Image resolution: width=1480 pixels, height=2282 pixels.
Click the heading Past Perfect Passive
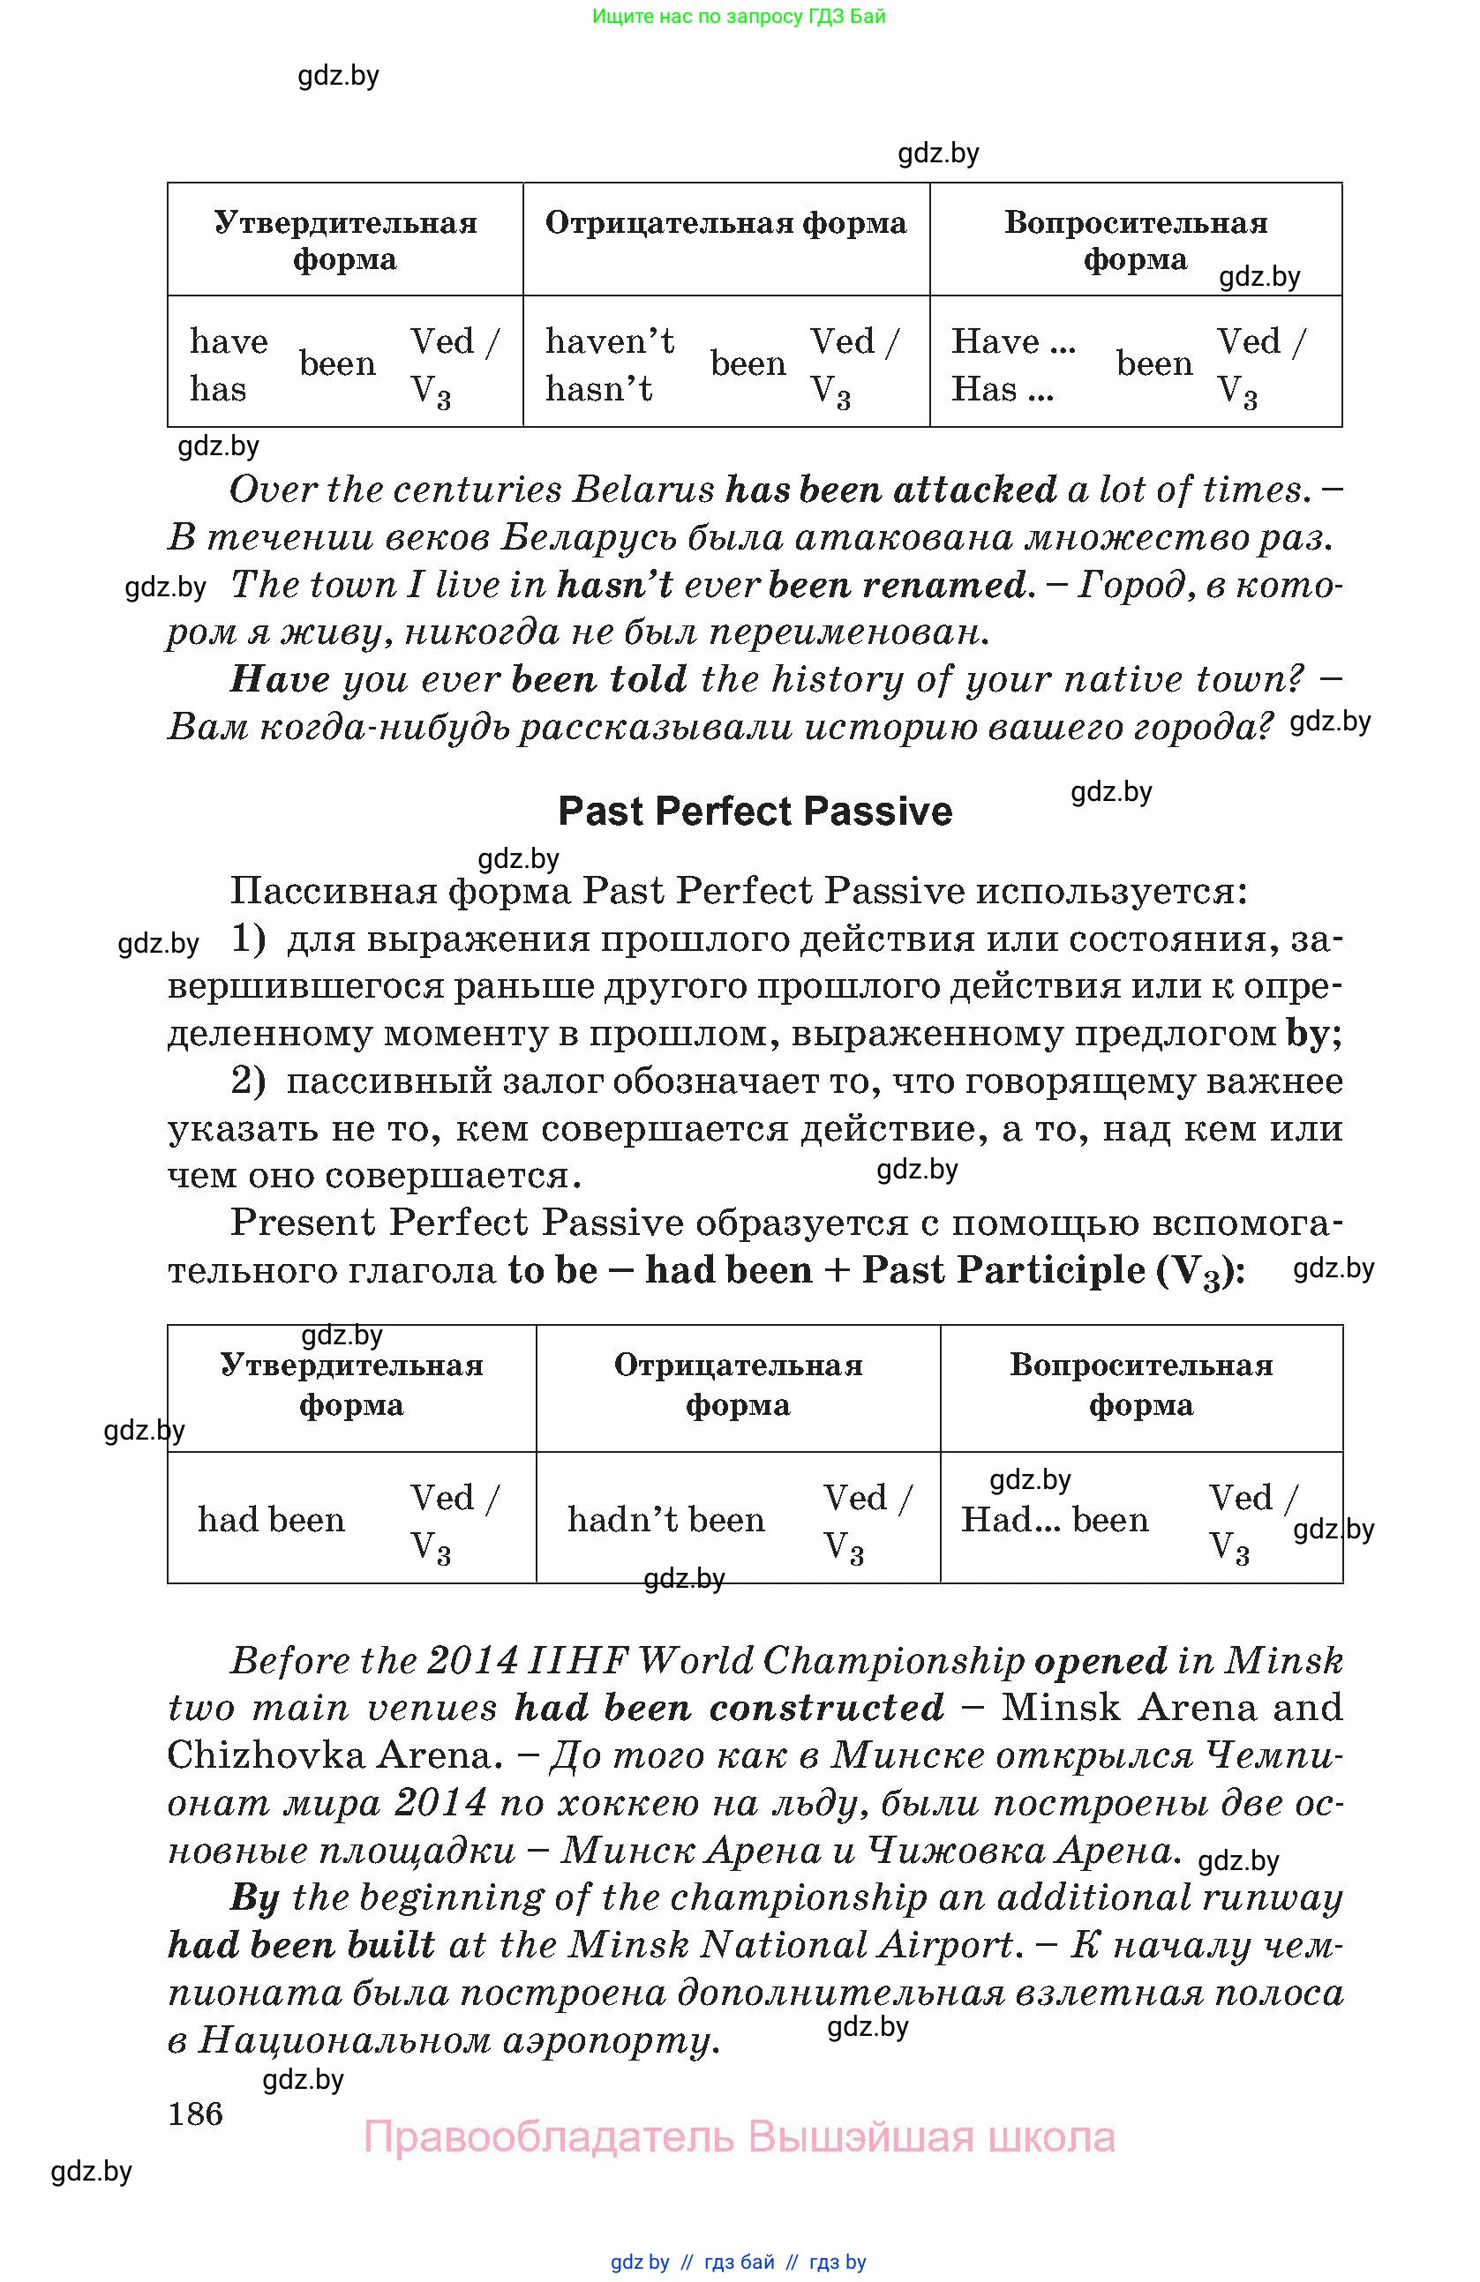tap(755, 812)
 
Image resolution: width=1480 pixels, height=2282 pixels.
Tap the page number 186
tap(196, 2113)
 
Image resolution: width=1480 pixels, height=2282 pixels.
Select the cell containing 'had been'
tap(272, 1520)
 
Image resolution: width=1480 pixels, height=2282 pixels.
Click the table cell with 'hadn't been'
tap(665, 1520)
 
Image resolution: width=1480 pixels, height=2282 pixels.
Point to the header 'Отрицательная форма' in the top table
tap(725, 223)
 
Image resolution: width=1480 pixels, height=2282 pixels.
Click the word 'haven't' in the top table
tap(610, 341)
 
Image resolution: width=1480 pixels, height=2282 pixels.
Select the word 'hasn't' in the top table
tap(599, 389)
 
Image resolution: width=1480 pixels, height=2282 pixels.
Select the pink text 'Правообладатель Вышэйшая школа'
tap(739, 2137)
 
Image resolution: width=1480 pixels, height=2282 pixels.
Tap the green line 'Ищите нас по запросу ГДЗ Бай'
tap(739, 16)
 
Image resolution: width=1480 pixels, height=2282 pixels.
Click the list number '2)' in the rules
tap(247, 1081)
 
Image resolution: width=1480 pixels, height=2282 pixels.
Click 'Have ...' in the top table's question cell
tap(1013, 341)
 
